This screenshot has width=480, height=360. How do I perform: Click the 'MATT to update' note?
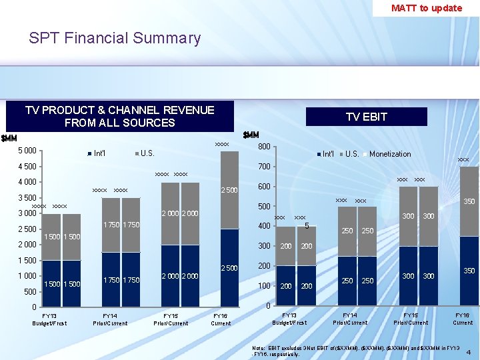[426, 8]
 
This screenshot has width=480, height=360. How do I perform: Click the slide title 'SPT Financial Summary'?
[115, 38]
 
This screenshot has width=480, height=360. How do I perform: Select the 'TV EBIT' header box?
[366, 117]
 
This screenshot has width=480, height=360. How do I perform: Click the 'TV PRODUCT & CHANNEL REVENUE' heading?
[119, 110]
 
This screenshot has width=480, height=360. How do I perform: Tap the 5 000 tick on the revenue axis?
[27, 151]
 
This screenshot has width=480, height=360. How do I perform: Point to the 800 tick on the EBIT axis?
[264, 147]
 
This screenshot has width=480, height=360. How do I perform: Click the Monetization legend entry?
[389, 154]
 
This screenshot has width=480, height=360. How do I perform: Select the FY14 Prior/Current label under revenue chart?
[110, 319]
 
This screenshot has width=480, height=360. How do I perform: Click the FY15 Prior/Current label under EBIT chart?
[411, 319]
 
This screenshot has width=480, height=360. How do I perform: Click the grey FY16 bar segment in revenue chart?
[229, 190]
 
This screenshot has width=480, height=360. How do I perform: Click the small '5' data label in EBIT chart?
[306, 226]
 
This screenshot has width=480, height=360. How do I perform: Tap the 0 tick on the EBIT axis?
[267, 306]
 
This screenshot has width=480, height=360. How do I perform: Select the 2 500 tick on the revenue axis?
[27, 229]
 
